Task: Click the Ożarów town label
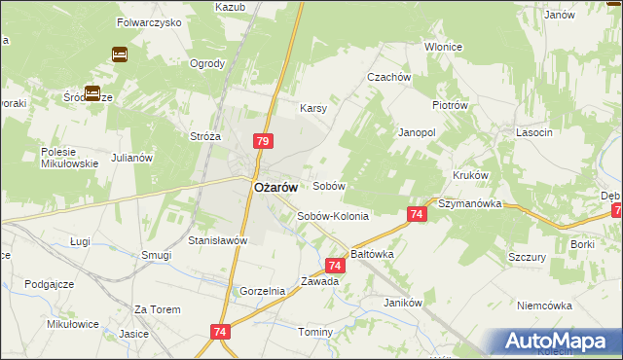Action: click(x=275, y=190)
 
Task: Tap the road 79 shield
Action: click(x=262, y=141)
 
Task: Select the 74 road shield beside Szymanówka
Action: click(x=416, y=214)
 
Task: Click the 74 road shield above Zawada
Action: click(x=335, y=265)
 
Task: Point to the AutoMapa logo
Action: click(x=559, y=342)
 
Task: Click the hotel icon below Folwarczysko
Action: click(x=120, y=54)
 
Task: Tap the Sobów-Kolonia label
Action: click(x=333, y=216)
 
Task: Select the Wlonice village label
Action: click(x=443, y=47)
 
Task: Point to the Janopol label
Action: click(x=417, y=131)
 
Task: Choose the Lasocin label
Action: click(x=535, y=131)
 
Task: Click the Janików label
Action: click(x=403, y=303)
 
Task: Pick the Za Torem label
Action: click(x=158, y=309)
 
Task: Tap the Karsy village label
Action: click(x=312, y=108)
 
